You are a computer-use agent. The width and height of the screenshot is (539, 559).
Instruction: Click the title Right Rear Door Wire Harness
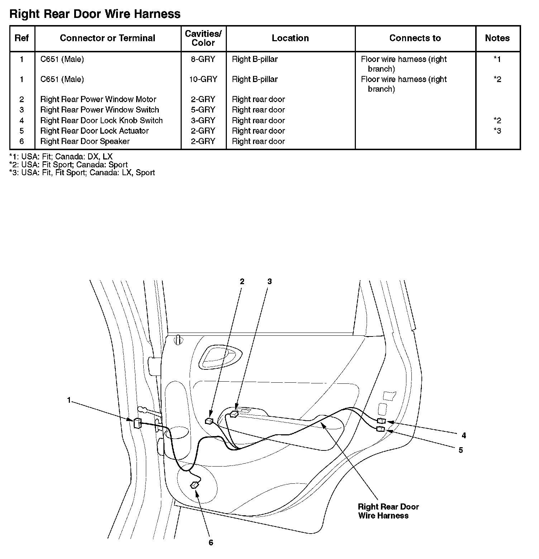pos(95,14)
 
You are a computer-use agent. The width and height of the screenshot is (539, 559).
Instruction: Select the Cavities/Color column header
pos(203,38)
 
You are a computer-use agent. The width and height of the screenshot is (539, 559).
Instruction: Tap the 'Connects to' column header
pos(415,38)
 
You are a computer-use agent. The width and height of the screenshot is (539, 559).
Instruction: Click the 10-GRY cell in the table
pos(203,79)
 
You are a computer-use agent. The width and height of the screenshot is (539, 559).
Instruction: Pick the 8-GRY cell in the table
pos(203,59)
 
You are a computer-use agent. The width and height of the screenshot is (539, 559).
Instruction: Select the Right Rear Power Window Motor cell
pos(98,99)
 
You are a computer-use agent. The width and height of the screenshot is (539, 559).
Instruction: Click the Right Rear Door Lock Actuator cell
pos(94,131)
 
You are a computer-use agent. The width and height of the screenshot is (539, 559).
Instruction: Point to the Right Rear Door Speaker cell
pos(85,141)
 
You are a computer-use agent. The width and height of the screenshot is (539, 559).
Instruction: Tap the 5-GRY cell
pos(203,110)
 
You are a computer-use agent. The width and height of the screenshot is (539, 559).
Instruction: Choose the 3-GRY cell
pos(203,120)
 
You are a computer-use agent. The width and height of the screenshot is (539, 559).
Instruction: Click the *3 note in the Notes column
pos(497,131)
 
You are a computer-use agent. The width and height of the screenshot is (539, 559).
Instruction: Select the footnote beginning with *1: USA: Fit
pos(61,157)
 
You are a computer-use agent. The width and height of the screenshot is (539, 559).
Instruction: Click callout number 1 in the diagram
pos(69,400)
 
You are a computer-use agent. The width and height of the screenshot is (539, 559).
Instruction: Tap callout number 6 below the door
pos(211,543)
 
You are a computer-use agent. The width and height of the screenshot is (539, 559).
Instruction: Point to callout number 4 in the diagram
pos(464,435)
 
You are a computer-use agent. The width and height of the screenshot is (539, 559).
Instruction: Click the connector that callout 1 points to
pos(137,423)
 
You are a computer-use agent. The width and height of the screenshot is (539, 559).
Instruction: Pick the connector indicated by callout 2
pos(209,421)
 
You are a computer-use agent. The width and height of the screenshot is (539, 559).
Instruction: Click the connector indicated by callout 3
pos(234,414)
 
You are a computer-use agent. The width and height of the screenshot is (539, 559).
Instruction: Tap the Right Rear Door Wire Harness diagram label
pos(388,511)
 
